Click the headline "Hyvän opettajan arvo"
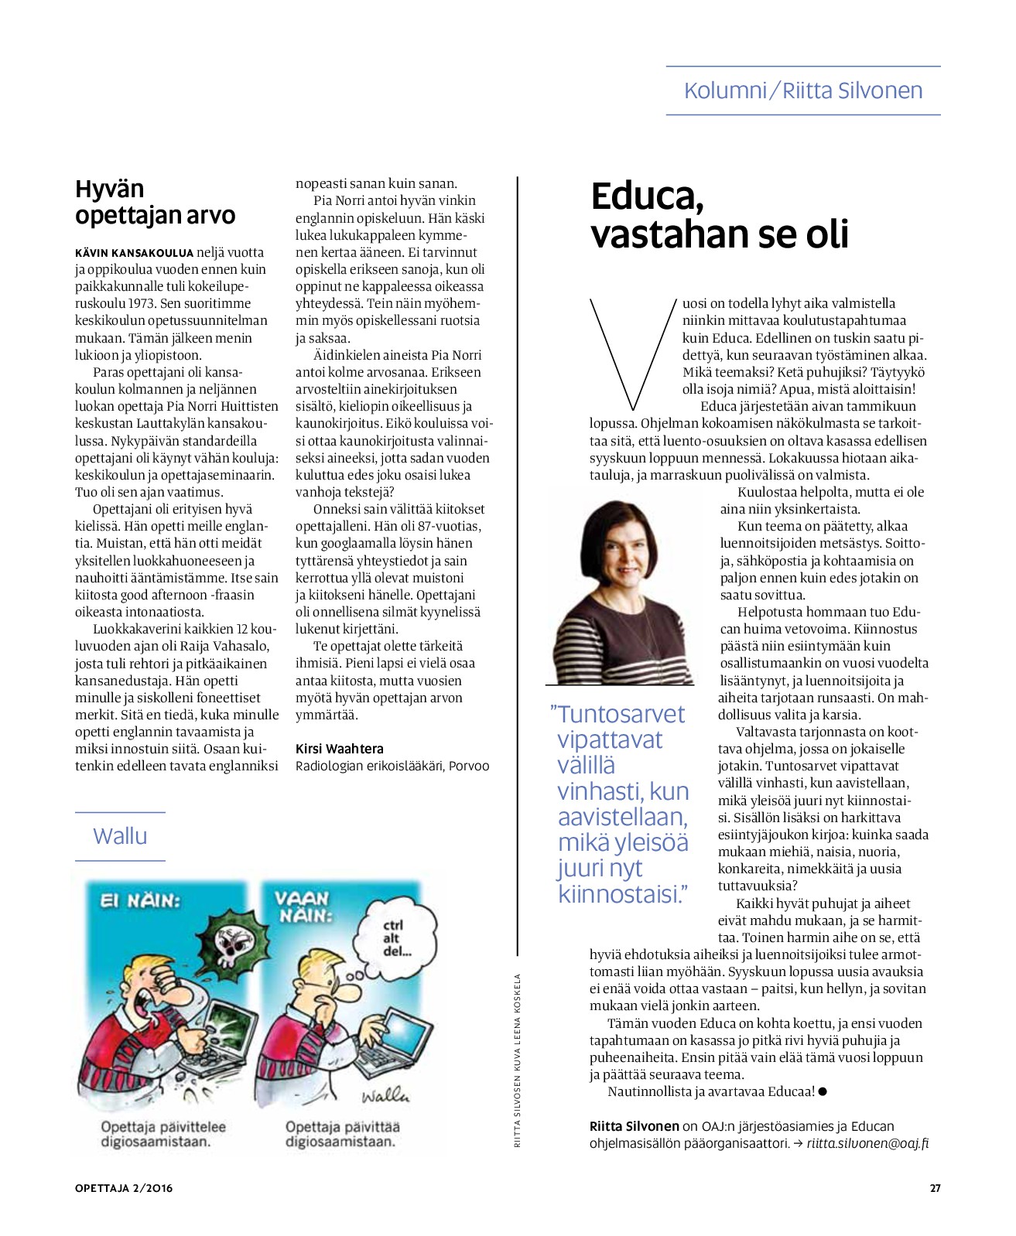click(x=155, y=202)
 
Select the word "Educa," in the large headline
click(x=647, y=197)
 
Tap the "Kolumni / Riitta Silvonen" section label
click(x=802, y=90)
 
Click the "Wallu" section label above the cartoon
click(x=120, y=836)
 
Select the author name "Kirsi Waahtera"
click(x=339, y=749)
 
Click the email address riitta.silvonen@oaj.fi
click(x=867, y=1143)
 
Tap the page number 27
click(x=935, y=1189)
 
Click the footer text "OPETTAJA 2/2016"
click(x=124, y=1189)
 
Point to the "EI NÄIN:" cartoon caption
click(x=140, y=901)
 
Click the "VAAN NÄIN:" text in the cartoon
click(x=302, y=907)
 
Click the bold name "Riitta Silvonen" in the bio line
click(x=634, y=1126)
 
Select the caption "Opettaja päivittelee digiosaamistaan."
click(x=163, y=1134)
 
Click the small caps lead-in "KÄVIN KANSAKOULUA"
click(x=134, y=253)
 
